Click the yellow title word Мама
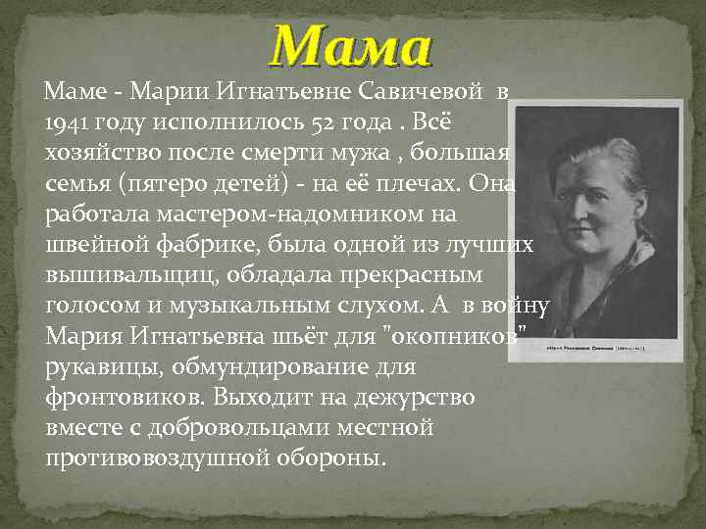pos(351,46)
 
